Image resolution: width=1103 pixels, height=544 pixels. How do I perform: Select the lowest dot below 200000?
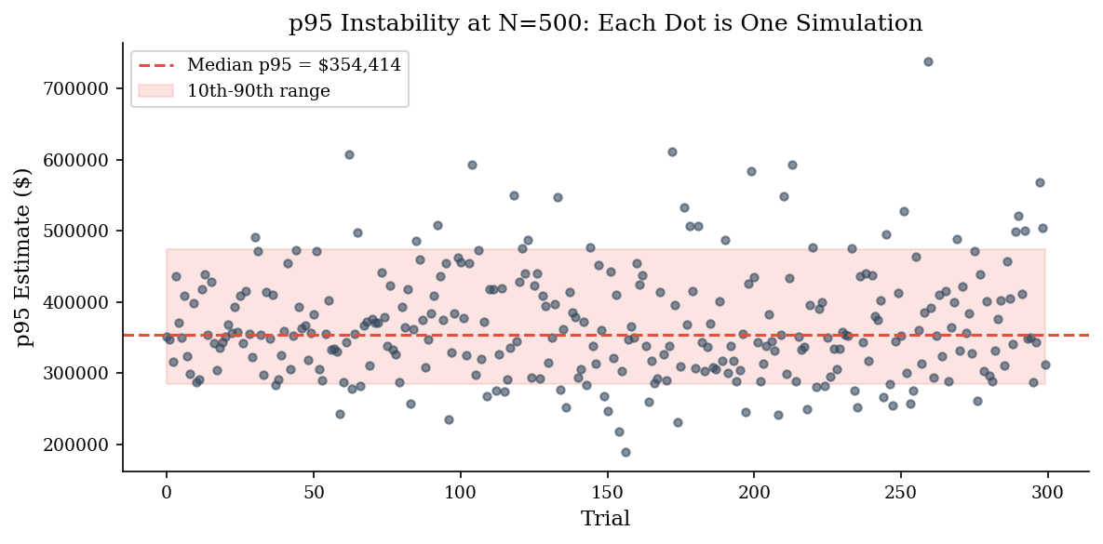[625, 452]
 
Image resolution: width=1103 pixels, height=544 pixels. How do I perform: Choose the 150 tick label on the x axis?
[607, 488]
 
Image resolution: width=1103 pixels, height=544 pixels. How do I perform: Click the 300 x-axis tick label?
[1048, 488]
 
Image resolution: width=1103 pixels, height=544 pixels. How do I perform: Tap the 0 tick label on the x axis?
[167, 488]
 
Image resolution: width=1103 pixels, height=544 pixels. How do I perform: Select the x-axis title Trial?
[606, 520]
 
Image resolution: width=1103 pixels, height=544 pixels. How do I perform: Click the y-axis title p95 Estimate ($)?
[25, 257]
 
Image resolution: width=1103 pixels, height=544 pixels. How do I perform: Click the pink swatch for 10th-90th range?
[156, 91]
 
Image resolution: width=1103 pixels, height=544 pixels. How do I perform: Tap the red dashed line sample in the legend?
[156, 66]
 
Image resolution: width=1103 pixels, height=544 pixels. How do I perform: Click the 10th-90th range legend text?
[258, 91]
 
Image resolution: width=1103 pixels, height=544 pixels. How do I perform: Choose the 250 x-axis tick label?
[901, 488]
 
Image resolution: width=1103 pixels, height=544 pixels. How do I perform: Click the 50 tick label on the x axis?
[314, 488]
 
